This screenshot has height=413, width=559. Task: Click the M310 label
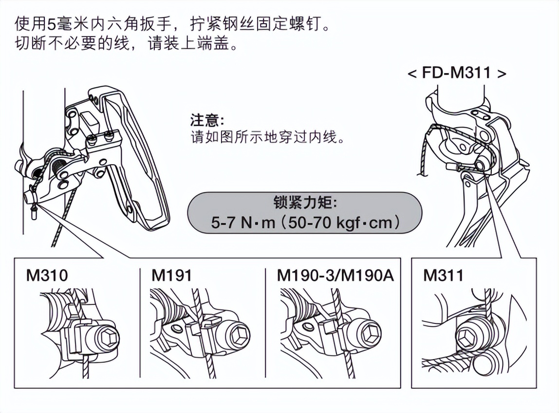click(x=47, y=276)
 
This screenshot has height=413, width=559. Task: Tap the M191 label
click(x=172, y=276)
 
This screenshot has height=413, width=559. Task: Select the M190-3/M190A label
click(x=335, y=276)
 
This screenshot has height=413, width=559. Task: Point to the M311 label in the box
click(x=444, y=276)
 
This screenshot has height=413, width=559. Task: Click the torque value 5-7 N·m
click(x=243, y=223)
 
